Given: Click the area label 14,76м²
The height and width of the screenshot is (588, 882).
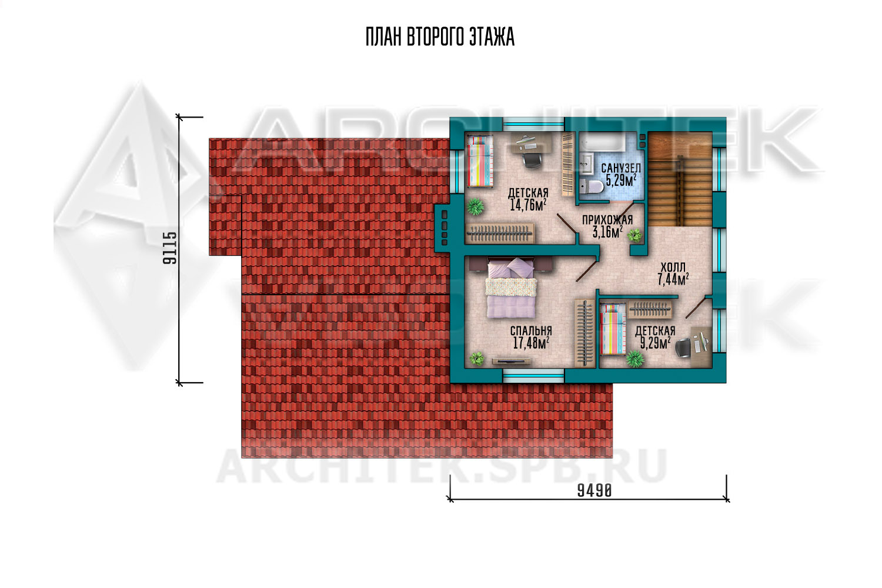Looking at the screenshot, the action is [x=527, y=205].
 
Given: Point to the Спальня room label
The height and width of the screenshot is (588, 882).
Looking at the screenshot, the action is [x=531, y=330].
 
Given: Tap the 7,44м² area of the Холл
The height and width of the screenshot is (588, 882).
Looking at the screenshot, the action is [x=673, y=279].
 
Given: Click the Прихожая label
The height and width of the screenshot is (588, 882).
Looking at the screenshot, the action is [x=607, y=220].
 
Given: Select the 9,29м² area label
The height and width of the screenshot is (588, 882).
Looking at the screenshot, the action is [x=655, y=343].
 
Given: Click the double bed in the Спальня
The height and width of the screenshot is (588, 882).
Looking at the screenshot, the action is [x=511, y=288].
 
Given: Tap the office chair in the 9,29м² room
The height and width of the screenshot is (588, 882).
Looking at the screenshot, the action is [x=684, y=348].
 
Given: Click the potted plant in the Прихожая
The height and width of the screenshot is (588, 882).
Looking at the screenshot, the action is [x=634, y=235].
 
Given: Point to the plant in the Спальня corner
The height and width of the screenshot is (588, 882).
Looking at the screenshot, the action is [x=477, y=358].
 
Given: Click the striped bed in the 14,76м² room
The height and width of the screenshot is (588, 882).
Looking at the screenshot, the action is [x=480, y=161].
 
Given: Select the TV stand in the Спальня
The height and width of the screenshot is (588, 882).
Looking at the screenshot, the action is [x=511, y=361].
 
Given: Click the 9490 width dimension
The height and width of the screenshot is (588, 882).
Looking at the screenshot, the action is [x=594, y=491].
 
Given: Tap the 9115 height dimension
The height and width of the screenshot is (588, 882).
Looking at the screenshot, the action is [x=170, y=248].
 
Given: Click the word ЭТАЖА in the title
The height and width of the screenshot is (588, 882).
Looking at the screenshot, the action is [x=492, y=37].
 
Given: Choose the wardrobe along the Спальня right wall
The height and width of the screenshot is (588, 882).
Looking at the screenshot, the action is [x=584, y=333].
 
